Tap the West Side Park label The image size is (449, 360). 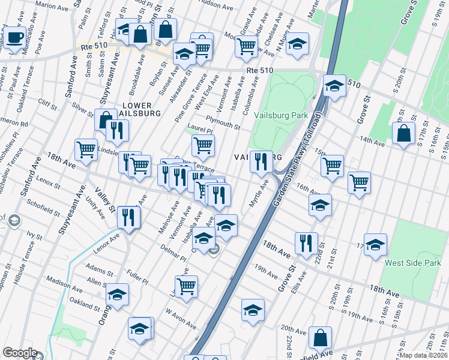[x=412, y=263]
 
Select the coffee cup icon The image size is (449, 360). [x=16, y=38]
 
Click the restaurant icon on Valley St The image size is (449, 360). [x=128, y=217]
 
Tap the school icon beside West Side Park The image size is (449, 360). [x=375, y=245]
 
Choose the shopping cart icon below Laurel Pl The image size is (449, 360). [x=203, y=145]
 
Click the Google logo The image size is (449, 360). [x=20, y=353]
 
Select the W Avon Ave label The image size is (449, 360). [x=181, y=320]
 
